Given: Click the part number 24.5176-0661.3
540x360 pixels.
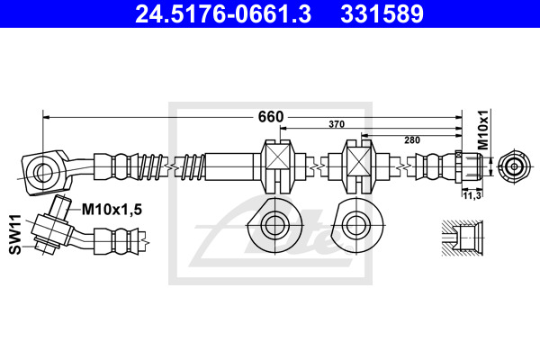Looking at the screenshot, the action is coord(223,14).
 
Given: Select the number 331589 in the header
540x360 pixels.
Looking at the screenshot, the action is coord(382,14).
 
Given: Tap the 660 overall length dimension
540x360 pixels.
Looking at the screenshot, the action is coord(271,117).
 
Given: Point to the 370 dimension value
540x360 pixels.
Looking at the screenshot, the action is coord(337,124).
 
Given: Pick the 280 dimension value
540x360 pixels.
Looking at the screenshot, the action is coord(412,140).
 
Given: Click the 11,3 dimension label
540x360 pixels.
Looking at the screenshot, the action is coord(472,195).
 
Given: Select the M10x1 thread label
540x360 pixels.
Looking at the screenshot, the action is coord(483,130).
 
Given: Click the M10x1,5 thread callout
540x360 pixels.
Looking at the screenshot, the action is coord(112,209).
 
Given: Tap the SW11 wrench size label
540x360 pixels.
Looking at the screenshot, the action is coord(15,234).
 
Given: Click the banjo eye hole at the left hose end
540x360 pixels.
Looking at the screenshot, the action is coord(43,171).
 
